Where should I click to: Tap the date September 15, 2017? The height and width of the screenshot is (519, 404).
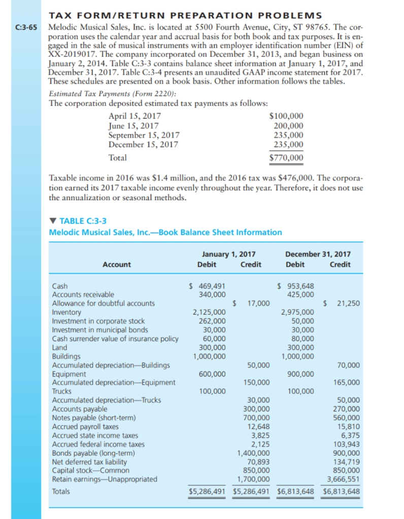(x=144, y=135)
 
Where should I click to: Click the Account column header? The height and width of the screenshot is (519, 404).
(x=116, y=264)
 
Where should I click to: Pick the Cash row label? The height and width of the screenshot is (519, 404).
(x=60, y=286)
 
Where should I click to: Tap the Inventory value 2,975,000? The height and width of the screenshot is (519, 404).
(x=298, y=312)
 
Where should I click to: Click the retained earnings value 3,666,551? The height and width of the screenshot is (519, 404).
(x=343, y=479)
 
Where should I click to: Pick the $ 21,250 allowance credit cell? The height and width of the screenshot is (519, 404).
(x=342, y=303)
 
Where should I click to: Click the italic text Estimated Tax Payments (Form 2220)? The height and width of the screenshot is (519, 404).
(x=112, y=93)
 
